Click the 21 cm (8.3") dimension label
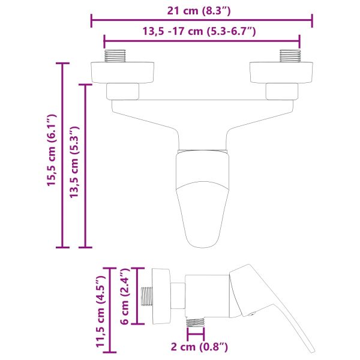point(202,10)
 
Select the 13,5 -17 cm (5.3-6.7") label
point(202,31)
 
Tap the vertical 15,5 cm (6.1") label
point(52,151)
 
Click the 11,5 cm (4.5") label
point(100,311)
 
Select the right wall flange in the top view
point(281,72)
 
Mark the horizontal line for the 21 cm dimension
point(202,22)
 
